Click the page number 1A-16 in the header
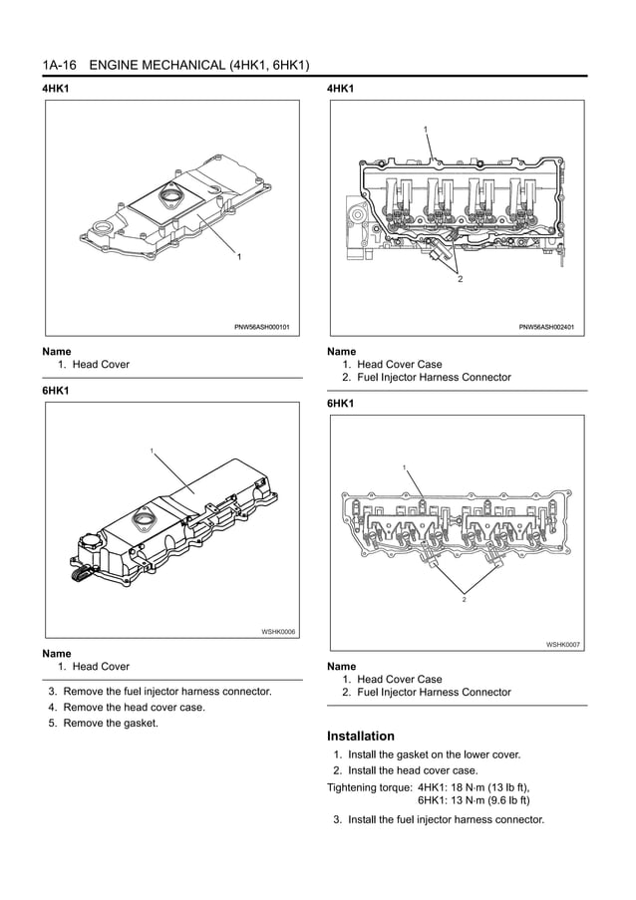(x=60, y=66)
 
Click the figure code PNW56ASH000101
(x=262, y=327)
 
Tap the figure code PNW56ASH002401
(x=547, y=327)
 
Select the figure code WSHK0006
(x=278, y=631)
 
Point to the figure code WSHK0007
(x=563, y=645)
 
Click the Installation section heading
(x=361, y=736)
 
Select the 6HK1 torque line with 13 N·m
(x=474, y=800)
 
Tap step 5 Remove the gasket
(x=110, y=723)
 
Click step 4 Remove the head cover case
(x=134, y=707)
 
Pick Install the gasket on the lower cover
(x=434, y=754)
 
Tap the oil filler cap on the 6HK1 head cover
(x=143, y=521)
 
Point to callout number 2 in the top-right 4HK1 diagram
(x=460, y=279)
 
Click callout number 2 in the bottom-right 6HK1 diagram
(x=464, y=600)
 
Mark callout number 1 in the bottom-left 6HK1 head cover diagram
(x=152, y=452)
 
